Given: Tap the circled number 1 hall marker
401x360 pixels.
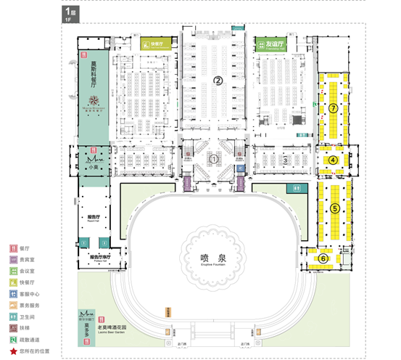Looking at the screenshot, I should point(214,158).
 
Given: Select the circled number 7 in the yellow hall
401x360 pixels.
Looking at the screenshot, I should point(333,107).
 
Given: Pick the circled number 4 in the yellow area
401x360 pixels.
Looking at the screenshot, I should point(334,160).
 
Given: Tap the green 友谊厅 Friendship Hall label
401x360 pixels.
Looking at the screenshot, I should point(271,44).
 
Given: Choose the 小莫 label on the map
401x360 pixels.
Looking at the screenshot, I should point(93,165).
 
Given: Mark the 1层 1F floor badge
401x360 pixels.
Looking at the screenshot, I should point(69,14).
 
